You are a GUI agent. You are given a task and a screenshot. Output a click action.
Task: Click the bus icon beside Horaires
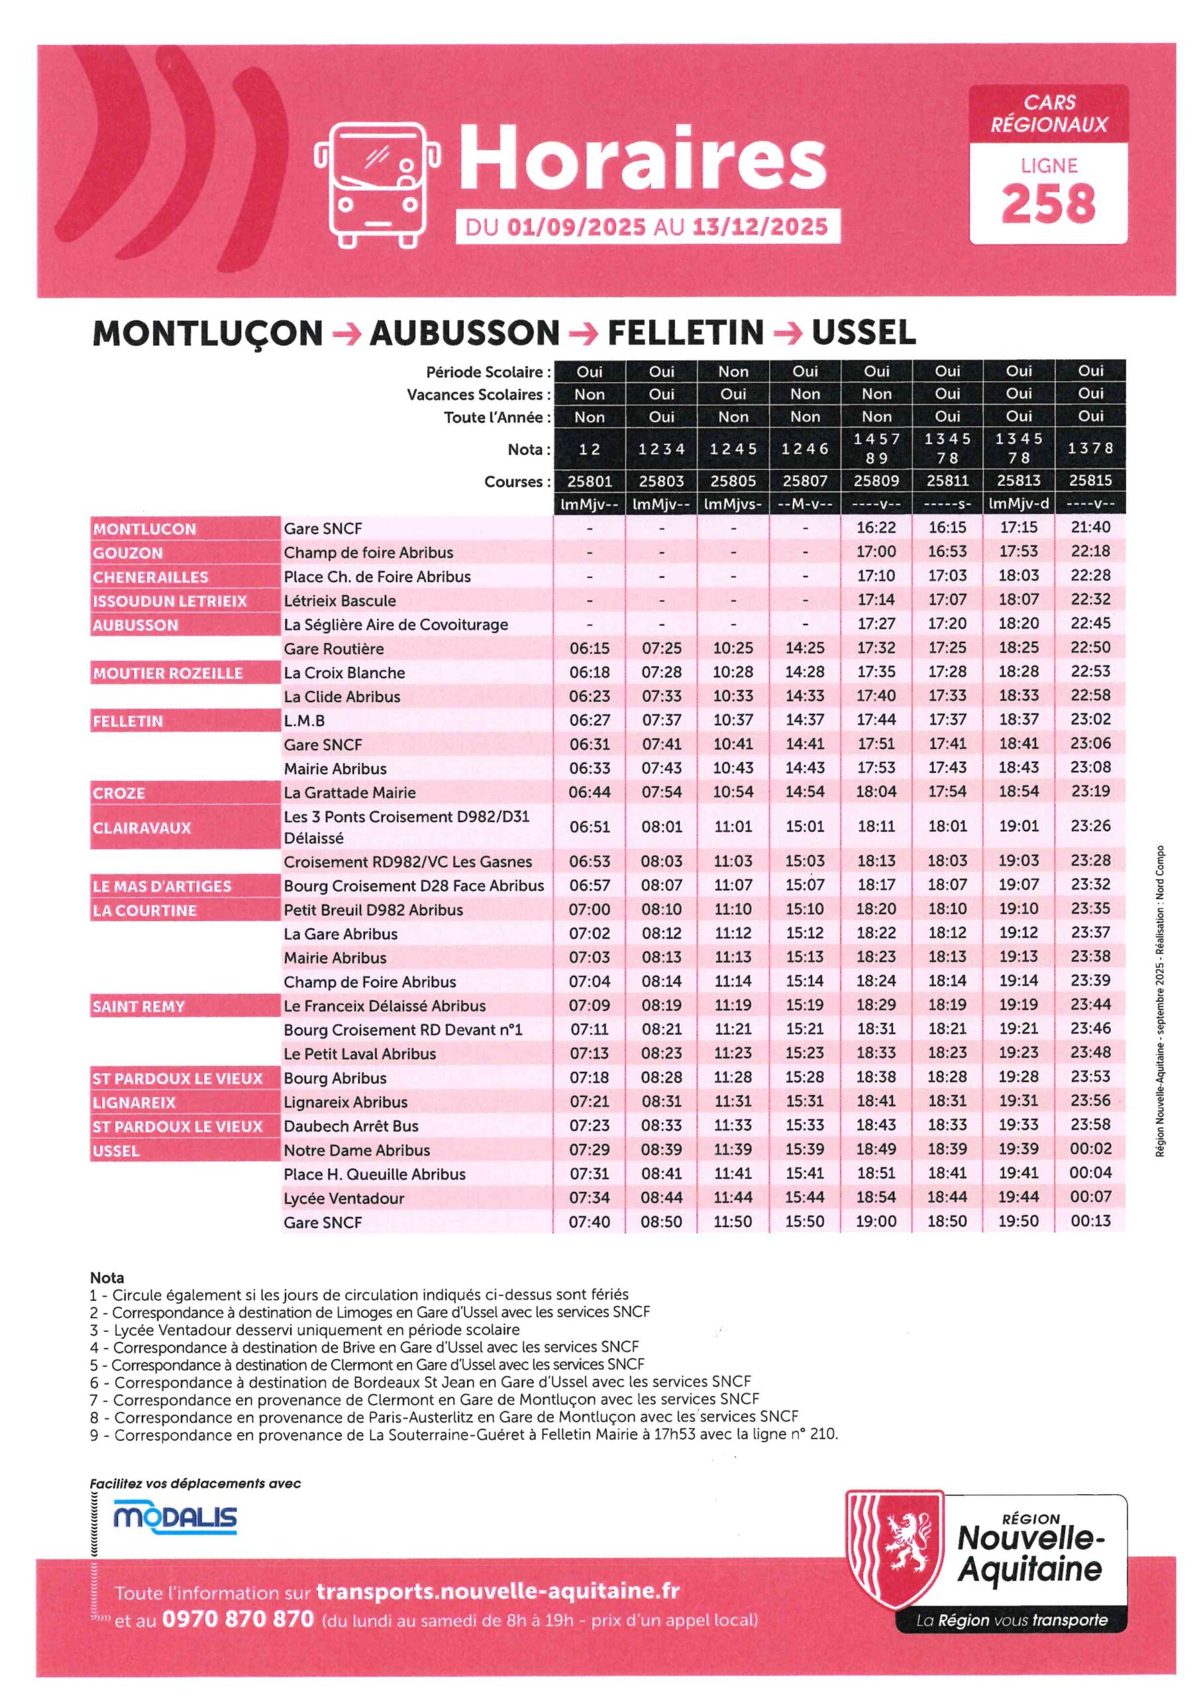(377, 185)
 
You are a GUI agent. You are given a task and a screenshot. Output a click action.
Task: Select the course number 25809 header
(876, 481)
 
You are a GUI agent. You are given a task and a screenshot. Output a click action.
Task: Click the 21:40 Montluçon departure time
(1090, 528)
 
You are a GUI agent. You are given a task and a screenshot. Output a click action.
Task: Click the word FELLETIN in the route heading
(685, 333)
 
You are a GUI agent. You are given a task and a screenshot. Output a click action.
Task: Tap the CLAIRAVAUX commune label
(142, 828)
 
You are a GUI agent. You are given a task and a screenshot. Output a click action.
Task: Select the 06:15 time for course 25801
(590, 648)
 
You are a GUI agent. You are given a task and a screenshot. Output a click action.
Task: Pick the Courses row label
(517, 482)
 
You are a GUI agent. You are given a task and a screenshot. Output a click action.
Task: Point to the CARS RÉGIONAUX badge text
(1048, 113)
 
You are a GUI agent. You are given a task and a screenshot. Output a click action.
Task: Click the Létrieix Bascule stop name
(340, 601)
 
